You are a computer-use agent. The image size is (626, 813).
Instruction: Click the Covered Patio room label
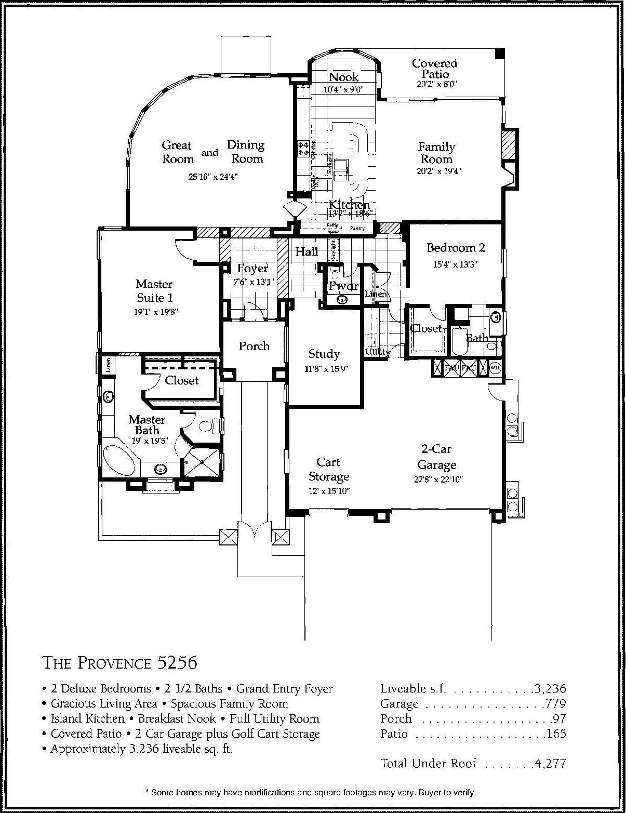click(x=434, y=69)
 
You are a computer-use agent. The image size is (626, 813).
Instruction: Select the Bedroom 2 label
click(x=456, y=248)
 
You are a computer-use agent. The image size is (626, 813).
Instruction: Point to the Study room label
click(x=324, y=354)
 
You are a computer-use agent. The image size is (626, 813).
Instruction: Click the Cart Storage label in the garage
click(x=328, y=469)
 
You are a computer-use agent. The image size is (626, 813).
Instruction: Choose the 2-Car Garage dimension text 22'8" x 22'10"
click(x=438, y=479)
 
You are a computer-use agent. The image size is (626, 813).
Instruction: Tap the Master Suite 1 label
click(x=154, y=291)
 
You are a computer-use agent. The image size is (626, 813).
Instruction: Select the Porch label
click(x=254, y=346)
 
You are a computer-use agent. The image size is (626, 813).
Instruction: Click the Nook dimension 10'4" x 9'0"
click(x=343, y=89)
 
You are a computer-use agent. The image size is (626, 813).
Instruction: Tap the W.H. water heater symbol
click(x=495, y=368)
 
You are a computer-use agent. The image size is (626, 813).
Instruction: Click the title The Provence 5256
click(x=119, y=663)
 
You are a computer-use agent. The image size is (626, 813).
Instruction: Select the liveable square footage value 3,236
click(x=550, y=689)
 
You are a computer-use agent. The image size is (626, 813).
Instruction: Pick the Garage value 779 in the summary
click(x=555, y=704)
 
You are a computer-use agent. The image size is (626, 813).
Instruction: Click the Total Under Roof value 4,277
click(x=550, y=763)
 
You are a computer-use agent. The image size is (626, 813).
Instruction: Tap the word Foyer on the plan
click(x=252, y=269)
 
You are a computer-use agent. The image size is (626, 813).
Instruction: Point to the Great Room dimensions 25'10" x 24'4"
click(x=212, y=177)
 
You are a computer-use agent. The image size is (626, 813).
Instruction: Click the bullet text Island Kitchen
click(x=88, y=719)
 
